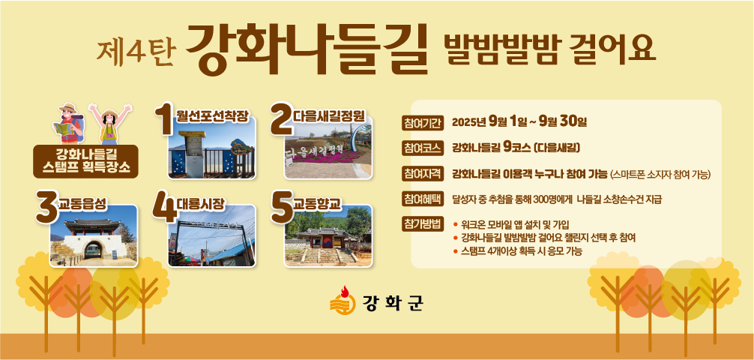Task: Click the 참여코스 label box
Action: [x=423, y=147]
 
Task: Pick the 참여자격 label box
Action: [x=423, y=174]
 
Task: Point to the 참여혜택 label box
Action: [x=423, y=199]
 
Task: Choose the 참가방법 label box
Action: [x=423, y=224]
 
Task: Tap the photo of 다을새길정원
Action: [x=328, y=152]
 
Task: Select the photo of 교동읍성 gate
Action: [x=94, y=236]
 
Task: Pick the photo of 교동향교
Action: [x=328, y=236]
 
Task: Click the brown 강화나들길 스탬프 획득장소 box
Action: [x=86, y=161]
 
